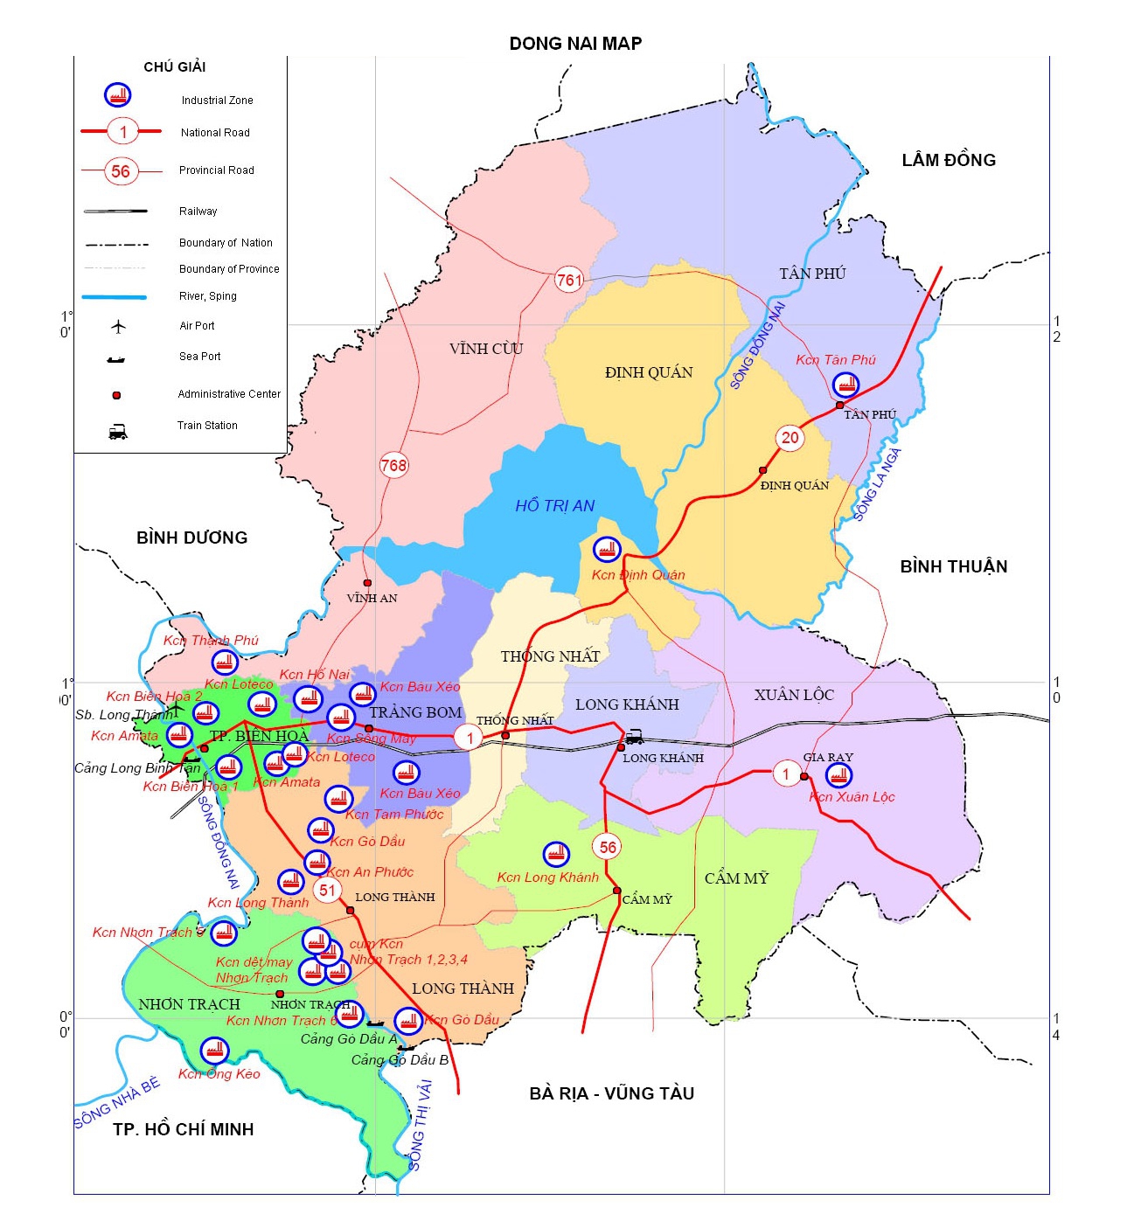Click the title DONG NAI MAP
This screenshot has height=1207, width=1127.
click(x=575, y=44)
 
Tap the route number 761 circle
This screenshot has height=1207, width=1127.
click(x=568, y=281)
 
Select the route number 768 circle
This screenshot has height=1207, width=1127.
click(x=393, y=465)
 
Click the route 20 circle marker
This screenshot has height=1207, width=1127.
click(x=790, y=438)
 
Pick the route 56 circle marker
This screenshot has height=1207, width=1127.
click(x=608, y=847)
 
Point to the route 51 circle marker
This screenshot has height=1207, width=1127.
click(x=327, y=891)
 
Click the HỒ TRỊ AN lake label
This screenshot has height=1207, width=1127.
click(x=554, y=506)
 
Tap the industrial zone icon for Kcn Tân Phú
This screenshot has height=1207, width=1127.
click(x=845, y=384)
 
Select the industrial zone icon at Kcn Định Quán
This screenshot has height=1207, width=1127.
click(x=606, y=549)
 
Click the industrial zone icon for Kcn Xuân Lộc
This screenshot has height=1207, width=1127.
click(x=838, y=774)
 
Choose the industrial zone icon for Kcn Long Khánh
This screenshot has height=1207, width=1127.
click(x=556, y=854)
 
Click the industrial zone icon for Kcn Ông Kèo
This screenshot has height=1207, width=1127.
click(x=214, y=1050)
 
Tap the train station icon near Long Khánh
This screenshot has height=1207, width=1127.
click(x=635, y=738)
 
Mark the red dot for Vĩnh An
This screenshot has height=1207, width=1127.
click(x=367, y=583)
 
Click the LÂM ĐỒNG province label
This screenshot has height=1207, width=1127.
click(x=948, y=160)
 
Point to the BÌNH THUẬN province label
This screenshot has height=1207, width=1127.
click(x=953, y=566)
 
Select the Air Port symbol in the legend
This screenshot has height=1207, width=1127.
click(x=118, y=326)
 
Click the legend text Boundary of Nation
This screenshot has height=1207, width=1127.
click(x=226, y=243)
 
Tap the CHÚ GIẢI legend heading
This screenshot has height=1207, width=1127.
click(x=174, y=67)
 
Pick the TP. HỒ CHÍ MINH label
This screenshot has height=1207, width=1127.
click(x=183, y=1129)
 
